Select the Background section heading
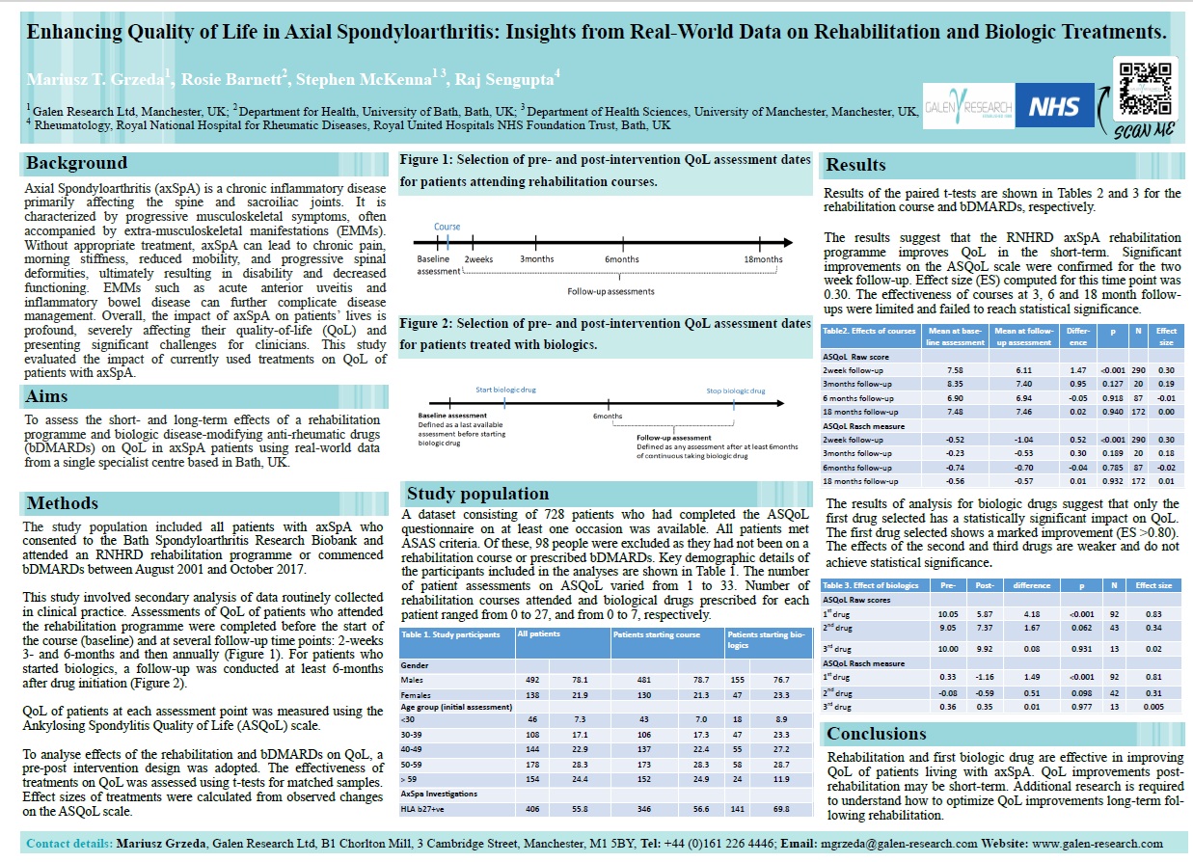pyautogui.click(x=76, y=163)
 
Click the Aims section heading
pyautogui.click(x=48, y=396)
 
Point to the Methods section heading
pyautogui.click(x=63, y=502)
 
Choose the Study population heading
pyautogui.click(x=478, y=494)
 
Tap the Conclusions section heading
pyautogui.click(x=878, y=734)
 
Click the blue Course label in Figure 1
pyautogui.click(x=447, y=228)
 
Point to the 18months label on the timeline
pyautogui.click(x=764, y=259)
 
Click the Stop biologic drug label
pyautogui.click(x=735, y=391)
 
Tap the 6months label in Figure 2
pyautogui.click(x=607, y=416)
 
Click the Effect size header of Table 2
pyautogui.click(x=1167, y=336)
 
